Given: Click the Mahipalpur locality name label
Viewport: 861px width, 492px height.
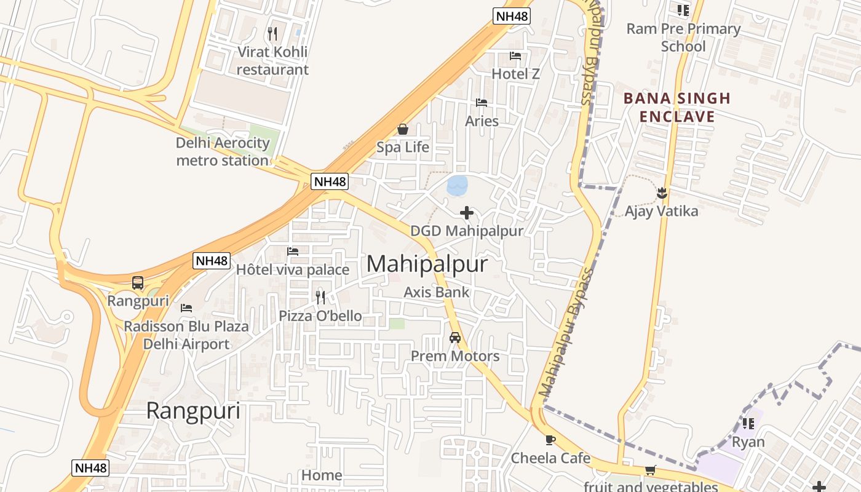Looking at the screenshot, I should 427,264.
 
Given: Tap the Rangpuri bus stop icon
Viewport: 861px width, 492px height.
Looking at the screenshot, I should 138,283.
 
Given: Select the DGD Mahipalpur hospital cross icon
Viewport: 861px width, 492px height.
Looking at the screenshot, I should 467,213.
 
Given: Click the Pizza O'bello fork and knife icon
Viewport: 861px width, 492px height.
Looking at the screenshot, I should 320,298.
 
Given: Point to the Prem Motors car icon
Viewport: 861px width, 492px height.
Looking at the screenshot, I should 455,337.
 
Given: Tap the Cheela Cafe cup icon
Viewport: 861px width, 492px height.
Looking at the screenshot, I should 550,440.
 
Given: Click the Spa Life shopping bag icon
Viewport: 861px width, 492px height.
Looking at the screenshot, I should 403,129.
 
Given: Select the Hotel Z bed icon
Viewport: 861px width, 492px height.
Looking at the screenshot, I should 515,56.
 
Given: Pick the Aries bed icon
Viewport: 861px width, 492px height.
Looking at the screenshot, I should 482,103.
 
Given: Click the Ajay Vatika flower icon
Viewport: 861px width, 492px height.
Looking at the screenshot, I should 662,193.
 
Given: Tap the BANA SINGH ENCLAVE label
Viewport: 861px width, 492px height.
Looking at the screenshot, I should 676,108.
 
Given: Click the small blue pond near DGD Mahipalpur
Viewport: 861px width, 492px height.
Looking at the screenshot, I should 457,185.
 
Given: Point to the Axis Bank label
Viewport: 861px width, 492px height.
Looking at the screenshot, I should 436,293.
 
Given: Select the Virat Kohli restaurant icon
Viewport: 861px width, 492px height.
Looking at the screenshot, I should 272,33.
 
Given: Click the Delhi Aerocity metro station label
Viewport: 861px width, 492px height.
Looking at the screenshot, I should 223,152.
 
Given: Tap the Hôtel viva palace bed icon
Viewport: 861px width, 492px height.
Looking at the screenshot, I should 293,252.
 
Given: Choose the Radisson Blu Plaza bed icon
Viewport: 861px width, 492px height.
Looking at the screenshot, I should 186,307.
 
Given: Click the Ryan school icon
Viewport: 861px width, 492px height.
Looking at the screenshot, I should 748,423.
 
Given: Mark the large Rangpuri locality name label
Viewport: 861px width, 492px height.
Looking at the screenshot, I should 193,411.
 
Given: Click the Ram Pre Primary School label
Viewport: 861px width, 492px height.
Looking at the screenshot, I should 683,38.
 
